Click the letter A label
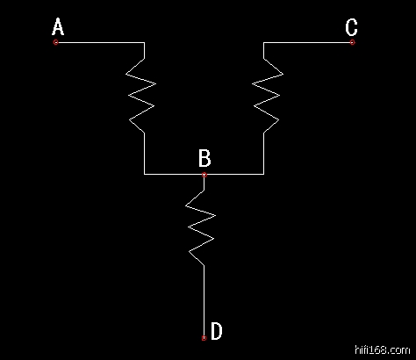[x=58, y=26]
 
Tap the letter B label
[x=204, y=158]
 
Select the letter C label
[x=351, y=27]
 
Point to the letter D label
[x=217, y=331]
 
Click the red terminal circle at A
[x=56, y=42]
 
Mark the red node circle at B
[x=204, y=175]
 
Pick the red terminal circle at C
[x=352, y=42]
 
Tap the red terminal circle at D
[x=204, y=338]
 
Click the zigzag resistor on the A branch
[x=141, y=96]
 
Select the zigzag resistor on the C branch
[x=267, y=96]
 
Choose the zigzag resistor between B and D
[x=201, y=228]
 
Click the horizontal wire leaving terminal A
[x=101, y=42]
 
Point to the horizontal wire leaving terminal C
[x=307, y=42]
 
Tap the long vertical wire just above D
[x=204, y=300]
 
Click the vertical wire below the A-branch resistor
[x=144, y=154]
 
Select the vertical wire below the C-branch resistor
[x=264, y=154]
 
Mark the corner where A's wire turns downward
[x=144, y=42]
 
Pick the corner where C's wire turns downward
[x=263, y=42]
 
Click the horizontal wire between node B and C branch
[x=235, y=174]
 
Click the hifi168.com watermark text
[x=383, y=349]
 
